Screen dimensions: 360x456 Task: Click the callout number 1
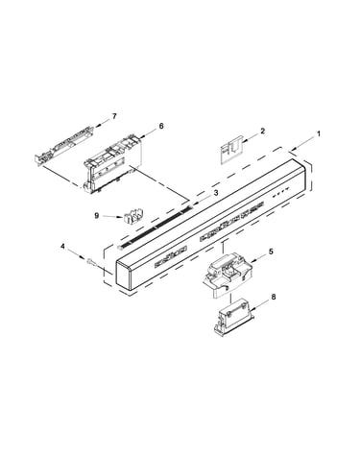pyautogui.click(x=319, y=133)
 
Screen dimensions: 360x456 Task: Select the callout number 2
pyautogui.click(x=263, y=131)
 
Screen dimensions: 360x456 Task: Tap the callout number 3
pyautogui.click(x=216, y=193)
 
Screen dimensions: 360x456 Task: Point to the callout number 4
pyautogui.click(x=62, y=246)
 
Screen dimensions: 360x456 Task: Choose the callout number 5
pyautogui.click(x=271, y=252)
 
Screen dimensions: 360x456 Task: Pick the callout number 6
pyautogui.click(x=161, y=126)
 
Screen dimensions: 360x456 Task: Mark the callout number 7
pyautogui.click(x=114, y=116)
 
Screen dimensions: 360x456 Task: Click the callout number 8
pyautogui.click(x=273, y=297)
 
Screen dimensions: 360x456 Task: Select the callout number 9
pyautogui.click(x=97, y=216)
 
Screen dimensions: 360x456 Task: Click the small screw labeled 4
pyautogui.click(x=90, y=261)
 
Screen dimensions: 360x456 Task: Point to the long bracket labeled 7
pyautogui.click(x=64, y=146)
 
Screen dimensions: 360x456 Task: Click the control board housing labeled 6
pyautogui.click(x=112, y=163)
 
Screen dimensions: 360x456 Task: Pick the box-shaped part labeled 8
pyautogui.click(x=233, y=318)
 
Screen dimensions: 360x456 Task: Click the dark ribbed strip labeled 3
pyautogui.click(x=156, y=227)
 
